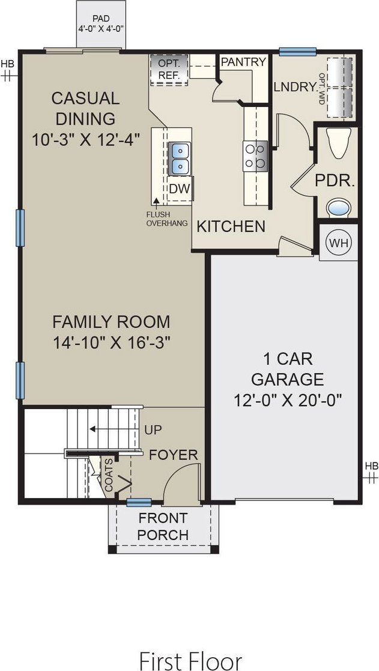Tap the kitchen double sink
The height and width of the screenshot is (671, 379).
click(178, 157)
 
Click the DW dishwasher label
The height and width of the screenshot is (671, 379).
click(179, 189)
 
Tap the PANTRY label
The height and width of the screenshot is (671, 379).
click(243, 62)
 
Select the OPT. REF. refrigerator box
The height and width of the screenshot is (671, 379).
click(169, 68)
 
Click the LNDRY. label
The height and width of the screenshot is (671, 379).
click(295, 87)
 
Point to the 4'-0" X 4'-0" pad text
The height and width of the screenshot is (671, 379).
click(101, 28)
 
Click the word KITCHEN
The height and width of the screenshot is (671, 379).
click(231, 226)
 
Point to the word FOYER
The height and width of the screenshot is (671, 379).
click(174, 455)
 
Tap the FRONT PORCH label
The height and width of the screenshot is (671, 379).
click(163, 526)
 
